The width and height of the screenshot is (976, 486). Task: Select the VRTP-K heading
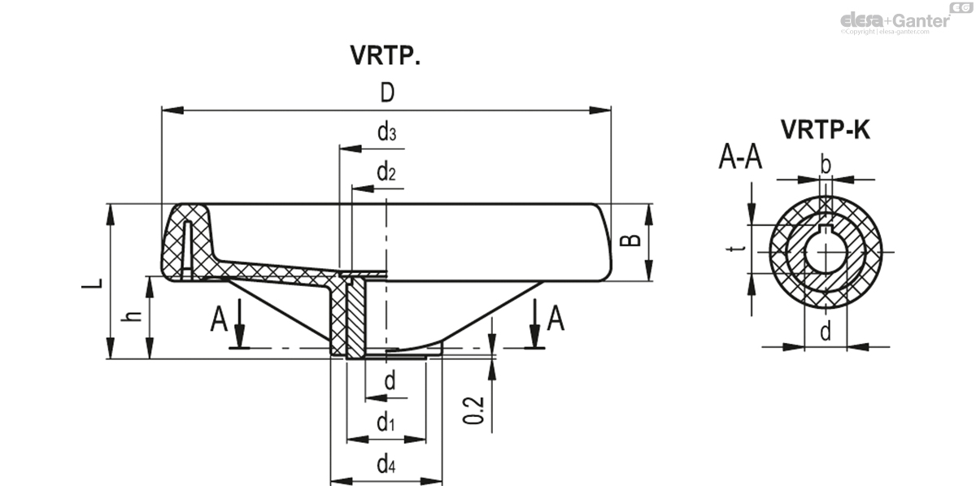click(x=825, y=129)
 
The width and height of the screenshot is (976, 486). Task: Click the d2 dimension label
click(x=386, y=172)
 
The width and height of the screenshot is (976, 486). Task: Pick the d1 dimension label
click(x=386, y=423)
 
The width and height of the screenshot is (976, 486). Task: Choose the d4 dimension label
click(x=386, y=466)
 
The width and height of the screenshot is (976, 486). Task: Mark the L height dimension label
click(x=96, y=283)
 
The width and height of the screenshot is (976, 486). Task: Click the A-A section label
click(x=740, y=156)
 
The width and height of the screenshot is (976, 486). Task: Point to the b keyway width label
click(x=826, y=165)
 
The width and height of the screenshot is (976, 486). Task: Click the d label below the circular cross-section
click(x=826, y=332)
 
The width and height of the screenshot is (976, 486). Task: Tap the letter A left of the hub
click(x=219, y=319)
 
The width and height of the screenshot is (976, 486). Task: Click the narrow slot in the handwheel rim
click(x=187, y=248)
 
